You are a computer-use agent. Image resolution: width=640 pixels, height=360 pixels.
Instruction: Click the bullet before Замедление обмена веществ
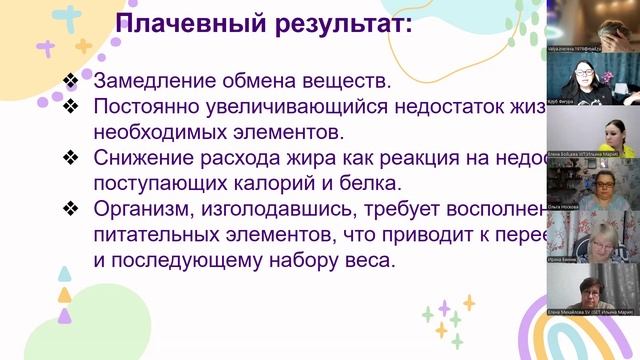[x=69, y=80]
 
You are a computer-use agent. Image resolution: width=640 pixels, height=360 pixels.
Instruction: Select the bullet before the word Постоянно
[x=69, y=105]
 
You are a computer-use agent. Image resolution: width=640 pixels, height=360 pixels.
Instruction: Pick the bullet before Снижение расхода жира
[x=69, y=157]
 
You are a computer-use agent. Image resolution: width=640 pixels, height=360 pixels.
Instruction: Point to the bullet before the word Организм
[x=69, y=209]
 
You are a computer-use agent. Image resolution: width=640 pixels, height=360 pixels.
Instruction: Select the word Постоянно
[x=154, y=105]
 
